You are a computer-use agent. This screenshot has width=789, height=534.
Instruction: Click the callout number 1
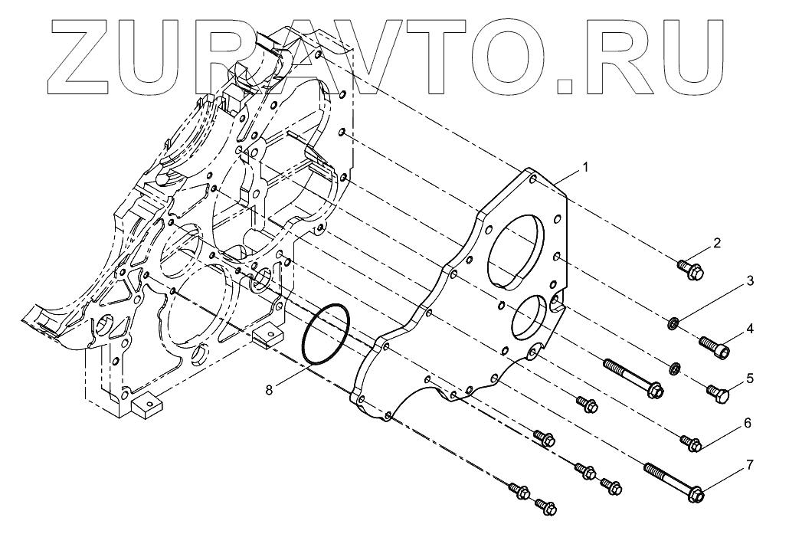[585, 166]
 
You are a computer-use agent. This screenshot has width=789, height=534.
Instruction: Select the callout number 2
[717, 244]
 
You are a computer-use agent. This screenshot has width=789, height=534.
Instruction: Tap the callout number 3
[750, 281]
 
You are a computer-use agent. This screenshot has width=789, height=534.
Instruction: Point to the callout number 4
[750, 329]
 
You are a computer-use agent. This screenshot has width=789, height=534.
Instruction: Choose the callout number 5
[750, 378]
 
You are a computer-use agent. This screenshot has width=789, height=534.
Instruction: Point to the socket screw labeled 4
[714, 347]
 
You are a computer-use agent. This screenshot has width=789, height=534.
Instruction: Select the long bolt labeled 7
[674, 482]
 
